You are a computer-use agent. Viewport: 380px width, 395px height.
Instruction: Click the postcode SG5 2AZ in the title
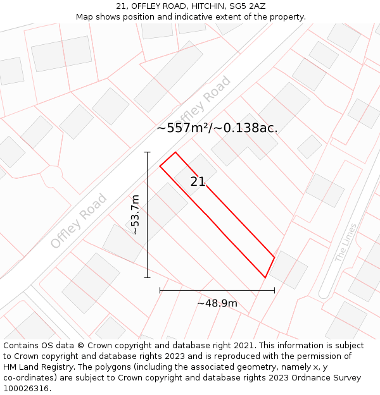tap(247, 6)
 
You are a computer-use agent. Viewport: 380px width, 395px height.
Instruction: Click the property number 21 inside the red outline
tap(198, 181)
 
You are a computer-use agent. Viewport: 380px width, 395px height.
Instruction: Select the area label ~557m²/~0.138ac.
tap(217, 128)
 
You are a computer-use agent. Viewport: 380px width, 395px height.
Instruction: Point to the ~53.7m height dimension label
tap(134, 215)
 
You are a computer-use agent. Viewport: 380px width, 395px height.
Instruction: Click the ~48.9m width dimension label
tap(217, 303)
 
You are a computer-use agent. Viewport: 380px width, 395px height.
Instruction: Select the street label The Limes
tap(346, 243)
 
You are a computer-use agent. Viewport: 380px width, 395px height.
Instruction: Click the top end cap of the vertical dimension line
tap(148, 152)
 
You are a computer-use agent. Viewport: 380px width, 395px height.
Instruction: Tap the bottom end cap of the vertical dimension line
tap(148, 277)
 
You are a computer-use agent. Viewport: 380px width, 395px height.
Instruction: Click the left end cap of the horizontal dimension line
tap(160, 290)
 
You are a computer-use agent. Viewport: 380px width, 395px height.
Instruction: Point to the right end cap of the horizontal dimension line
tap(274, 290)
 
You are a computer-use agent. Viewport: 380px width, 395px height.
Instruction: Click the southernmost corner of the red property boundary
tap(265, 277)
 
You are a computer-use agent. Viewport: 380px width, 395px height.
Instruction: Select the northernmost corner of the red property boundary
tap(175, 152)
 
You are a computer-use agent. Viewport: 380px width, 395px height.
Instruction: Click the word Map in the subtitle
tap(85, 16)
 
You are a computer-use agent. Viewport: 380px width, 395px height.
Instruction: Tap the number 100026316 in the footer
tap(26, 389)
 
